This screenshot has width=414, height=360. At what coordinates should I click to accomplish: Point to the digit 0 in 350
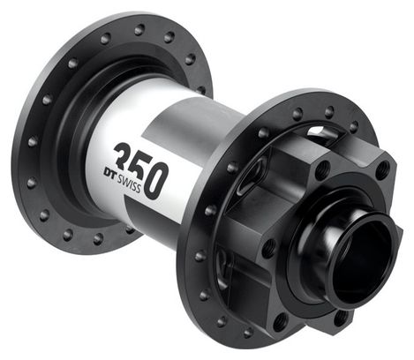pos(156,180)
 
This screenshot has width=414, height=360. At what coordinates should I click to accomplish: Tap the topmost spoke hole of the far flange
pos(139,30)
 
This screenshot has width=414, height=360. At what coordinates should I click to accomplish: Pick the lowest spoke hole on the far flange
pos(98,238)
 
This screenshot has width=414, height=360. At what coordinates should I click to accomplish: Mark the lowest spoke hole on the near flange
pos(248,334)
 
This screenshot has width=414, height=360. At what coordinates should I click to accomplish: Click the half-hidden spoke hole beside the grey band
pos(201,89)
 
